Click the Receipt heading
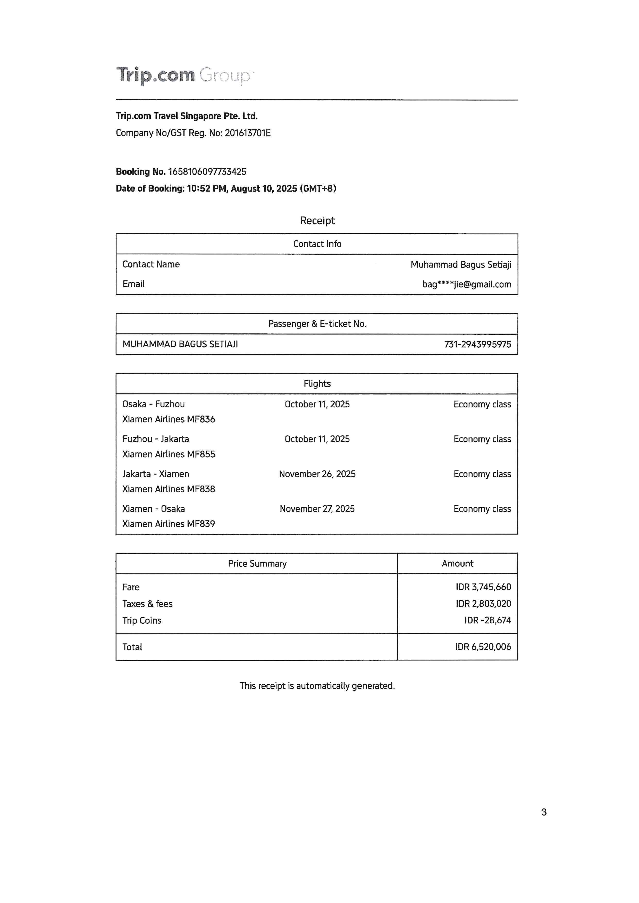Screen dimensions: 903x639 coord(317,221)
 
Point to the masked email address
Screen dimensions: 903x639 coord(466,284)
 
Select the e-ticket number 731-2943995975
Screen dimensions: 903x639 coord(477,345)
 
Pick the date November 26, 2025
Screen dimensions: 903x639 coord(317,474)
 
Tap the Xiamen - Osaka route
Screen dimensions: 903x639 coord(154,509)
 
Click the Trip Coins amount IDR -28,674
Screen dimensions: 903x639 coord(487,620)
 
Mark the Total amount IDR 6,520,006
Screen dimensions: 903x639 coord(483,647)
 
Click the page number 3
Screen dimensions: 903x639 coord(544,812)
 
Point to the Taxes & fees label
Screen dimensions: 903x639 coord(148,604)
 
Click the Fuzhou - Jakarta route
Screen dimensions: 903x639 coord(155,439)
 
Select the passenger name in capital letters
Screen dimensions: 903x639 coord(180,345)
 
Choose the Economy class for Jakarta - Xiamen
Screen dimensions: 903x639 coord(482,474)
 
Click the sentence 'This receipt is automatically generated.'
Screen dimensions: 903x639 coord(317,686)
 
